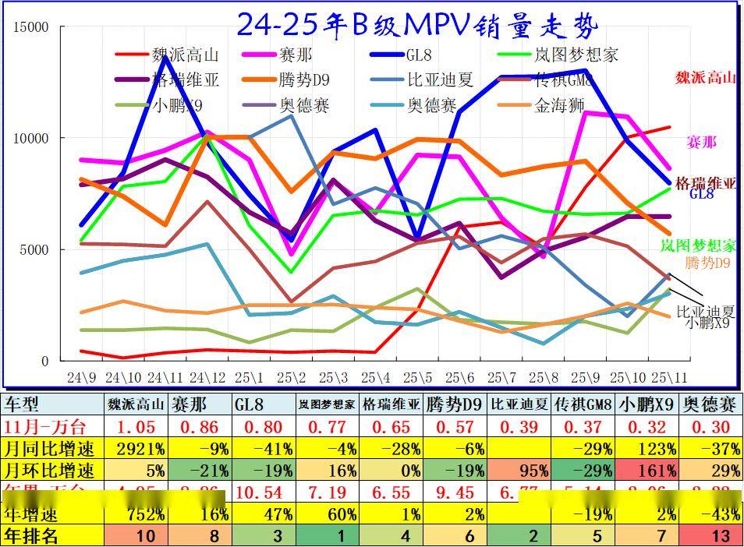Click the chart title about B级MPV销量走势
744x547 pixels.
(x=416, y=25)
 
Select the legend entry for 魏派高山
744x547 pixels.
(x=185, y=55)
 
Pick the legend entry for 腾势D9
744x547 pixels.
(x=303, y=80)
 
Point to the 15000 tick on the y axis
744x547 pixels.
(x=32, y=27)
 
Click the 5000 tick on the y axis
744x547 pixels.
(x=35, y=250)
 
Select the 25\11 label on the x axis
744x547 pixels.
(x=669, y=378)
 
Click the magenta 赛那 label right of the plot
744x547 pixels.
(x=700, y=142)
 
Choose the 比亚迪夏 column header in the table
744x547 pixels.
(x=519, y=404)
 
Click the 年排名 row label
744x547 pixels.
(x=31, y=535)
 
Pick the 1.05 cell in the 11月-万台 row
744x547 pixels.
(x=137, y=427)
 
